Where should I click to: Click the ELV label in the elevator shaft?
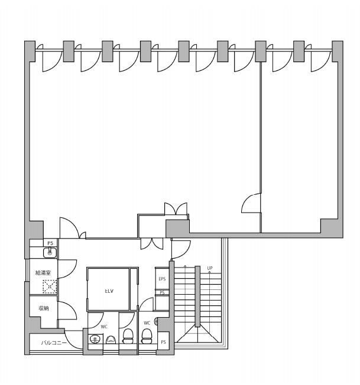[109, 291]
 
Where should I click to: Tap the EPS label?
[162, 279]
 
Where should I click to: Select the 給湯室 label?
[43, 273]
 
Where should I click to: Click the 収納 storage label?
[44, 308]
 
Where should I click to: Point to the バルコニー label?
[54, 342]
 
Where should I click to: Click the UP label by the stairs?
[210, 268]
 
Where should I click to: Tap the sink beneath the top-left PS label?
[50, 253]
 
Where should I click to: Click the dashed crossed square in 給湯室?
[50, 286]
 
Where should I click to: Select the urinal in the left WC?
[111, 340]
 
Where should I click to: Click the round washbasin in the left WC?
[95, 340]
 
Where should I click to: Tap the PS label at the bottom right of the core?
[163, 342]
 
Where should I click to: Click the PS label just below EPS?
[162, 293]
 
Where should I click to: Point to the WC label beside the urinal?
[104, 327]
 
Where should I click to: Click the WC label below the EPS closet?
[147, 323]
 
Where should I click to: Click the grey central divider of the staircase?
[197, 296]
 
